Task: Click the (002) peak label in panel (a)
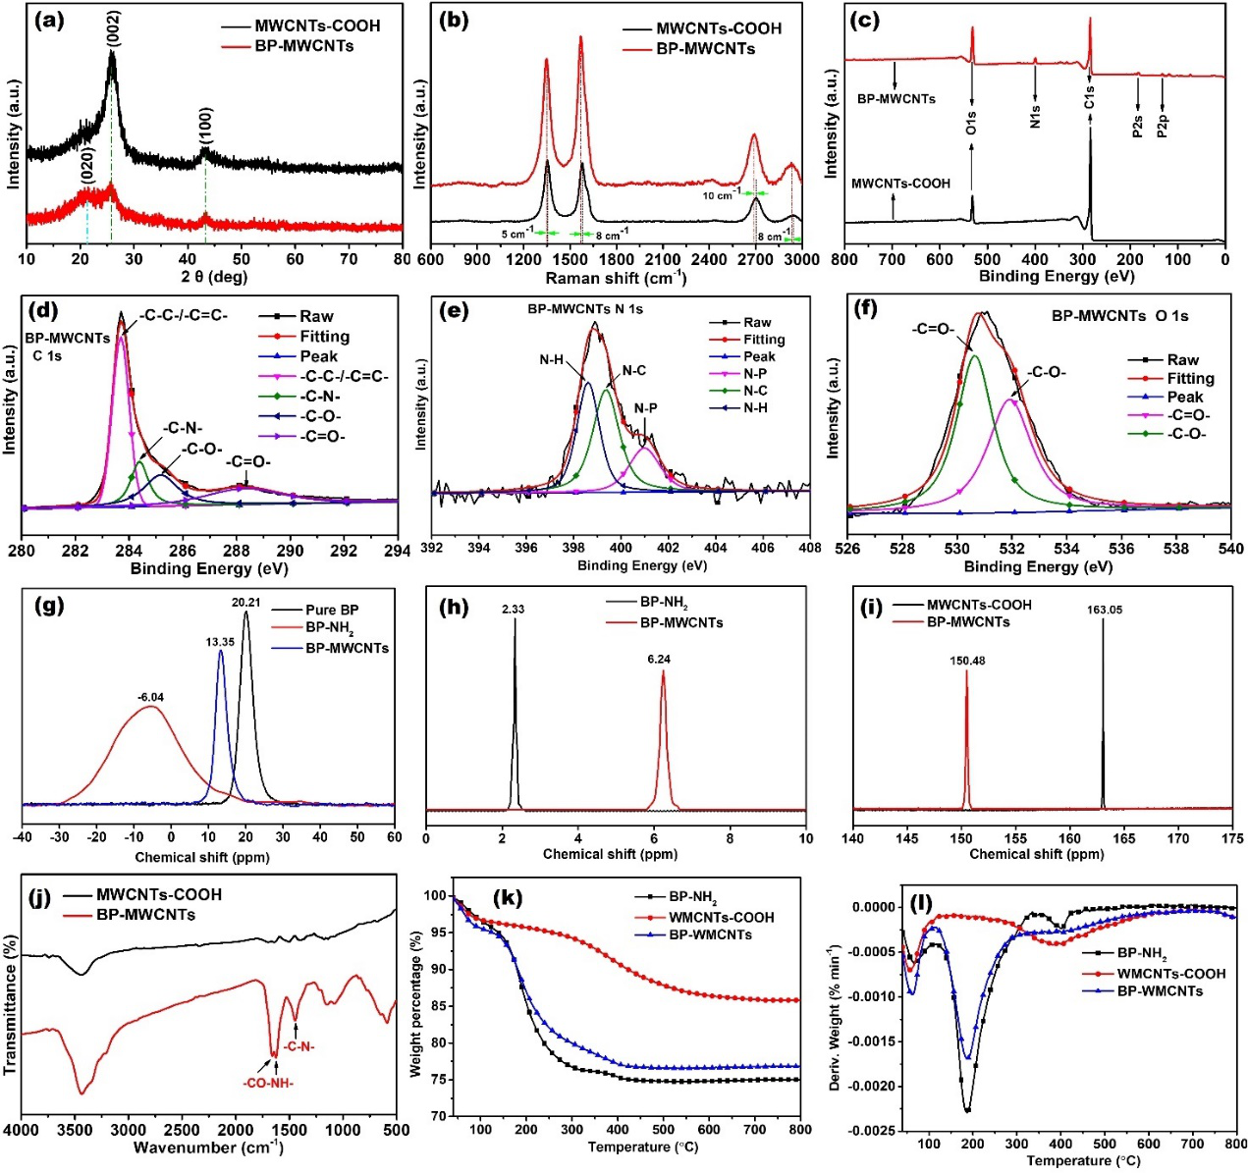114,28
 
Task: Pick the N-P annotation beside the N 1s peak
645,408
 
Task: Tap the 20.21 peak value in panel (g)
245,602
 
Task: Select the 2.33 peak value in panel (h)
513,610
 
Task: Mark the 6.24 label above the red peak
659,660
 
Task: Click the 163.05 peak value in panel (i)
1105,610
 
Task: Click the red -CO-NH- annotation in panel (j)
268,1084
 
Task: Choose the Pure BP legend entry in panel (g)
332,610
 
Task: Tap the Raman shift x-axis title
616,279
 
